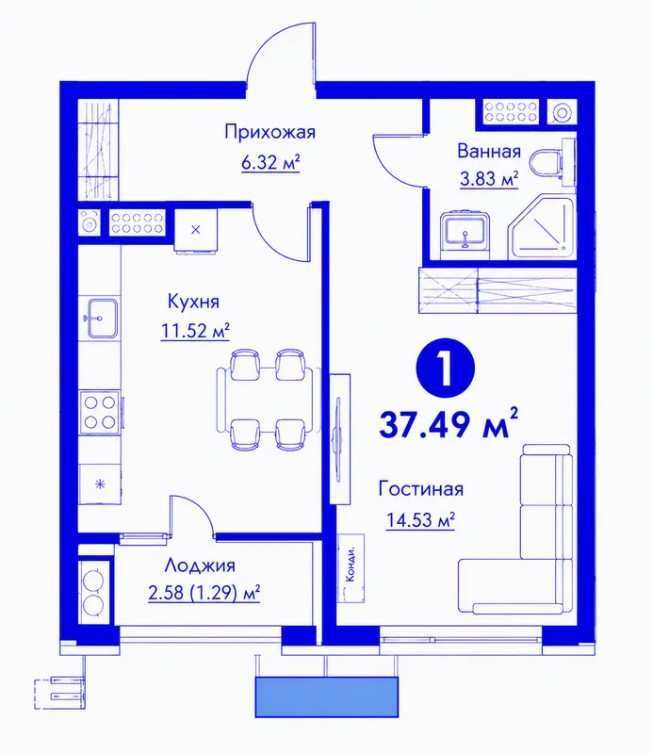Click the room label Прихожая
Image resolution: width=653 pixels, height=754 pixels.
pos(269,132)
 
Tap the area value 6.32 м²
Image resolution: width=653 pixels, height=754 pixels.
pos(270,162)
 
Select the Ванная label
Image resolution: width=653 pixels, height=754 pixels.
pos(489,151)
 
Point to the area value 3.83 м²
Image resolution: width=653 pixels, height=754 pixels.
pos(489,179)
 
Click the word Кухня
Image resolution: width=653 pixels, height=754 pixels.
pos(193,302)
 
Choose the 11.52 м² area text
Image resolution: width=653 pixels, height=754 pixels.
pos(195,331)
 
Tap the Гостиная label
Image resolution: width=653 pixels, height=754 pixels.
pos(421,488)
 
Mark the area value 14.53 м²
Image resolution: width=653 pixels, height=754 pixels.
pos(420,519)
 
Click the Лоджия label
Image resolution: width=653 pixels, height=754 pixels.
pos(200,565)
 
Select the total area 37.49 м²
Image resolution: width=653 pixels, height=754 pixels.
pos(449,423)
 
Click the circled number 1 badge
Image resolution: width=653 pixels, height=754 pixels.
pos(446,368)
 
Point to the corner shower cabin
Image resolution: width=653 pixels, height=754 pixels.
pos(542,226)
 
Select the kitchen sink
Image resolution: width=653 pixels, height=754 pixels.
pos(102,318)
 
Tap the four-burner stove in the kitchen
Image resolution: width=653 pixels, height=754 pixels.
pos(101,412)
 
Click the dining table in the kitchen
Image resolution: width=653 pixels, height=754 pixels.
pos(268,399)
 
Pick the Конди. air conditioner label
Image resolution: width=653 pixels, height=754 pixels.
pos(351,568)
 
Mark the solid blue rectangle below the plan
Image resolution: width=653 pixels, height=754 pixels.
pos(326,697)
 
